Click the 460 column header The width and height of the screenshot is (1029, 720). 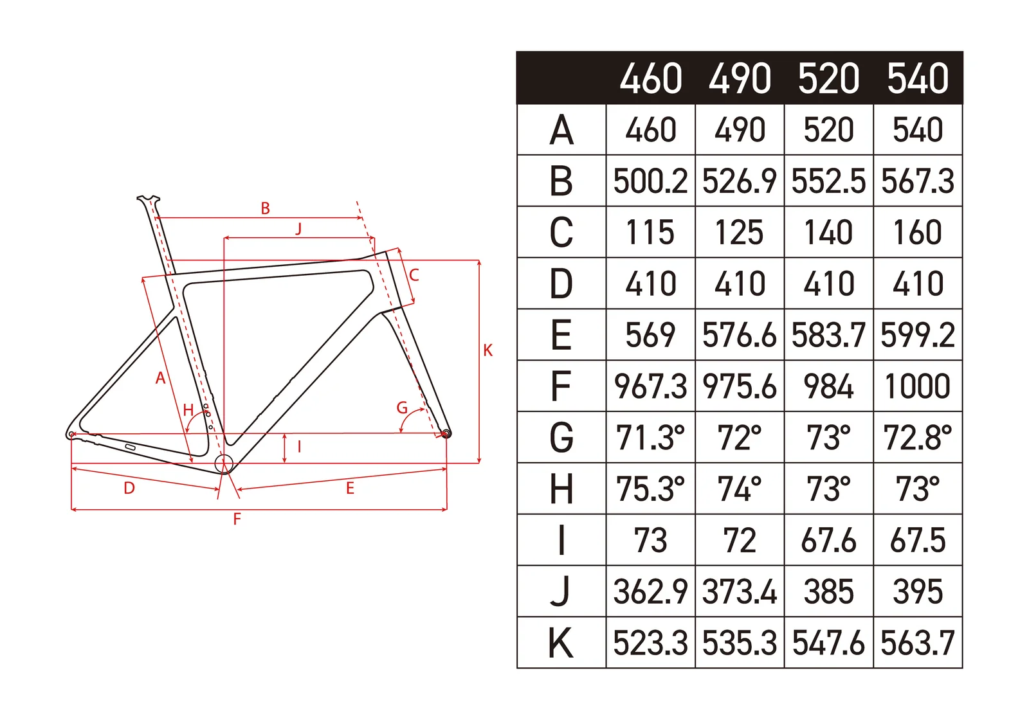pyautogui.click(x=650, y=78)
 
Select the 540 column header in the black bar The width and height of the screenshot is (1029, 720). pyautogui.click(x=918, y=78)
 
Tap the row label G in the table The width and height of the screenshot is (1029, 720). pyautogui.click(x=561, y=437)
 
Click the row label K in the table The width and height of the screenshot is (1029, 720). pyautogui.click(x=561, y=643)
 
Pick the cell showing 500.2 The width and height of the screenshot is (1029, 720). pyautogui.click(x=650, y=181)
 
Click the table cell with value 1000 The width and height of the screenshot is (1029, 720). pyautogui.click(x=918, y=386)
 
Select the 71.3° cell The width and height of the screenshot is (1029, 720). pyautogui.click(x=650, y=437)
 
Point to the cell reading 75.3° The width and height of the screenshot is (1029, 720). pyautogui.click(x=650, y=489)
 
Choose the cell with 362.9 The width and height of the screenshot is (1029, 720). pyautogui.click(x=650, y=591)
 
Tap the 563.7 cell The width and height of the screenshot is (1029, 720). pyautogui.click(x=918, y=643)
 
